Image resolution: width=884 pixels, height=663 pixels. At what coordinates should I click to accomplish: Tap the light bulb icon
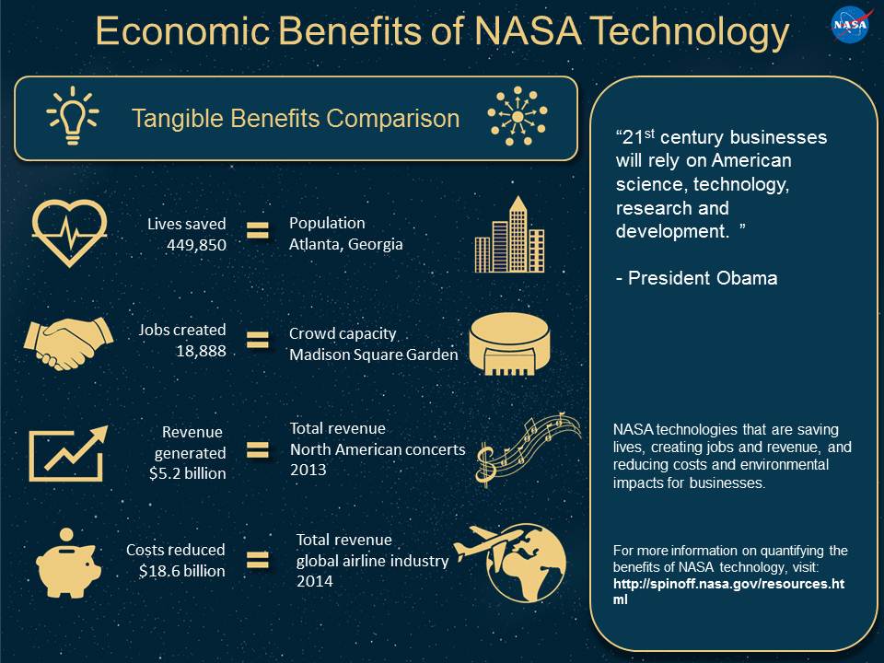[x=73, y=117]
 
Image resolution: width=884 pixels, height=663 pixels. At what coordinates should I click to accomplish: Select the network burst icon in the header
[x=517, y=117]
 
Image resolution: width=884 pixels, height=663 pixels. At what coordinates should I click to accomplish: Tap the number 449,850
[x=197, y=245]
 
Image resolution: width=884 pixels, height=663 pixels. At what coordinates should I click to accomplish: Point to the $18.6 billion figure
[x=182, y=571]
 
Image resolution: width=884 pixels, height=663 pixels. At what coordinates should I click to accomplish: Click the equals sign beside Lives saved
[x=258, y=232]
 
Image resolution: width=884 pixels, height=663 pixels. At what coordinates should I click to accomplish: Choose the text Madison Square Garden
[x=374, y=355]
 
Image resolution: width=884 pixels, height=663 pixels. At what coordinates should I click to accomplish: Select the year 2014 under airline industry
[x=315, y=582]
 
